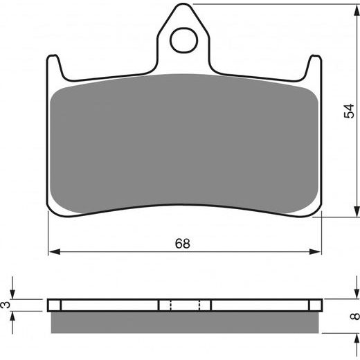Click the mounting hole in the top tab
point(183,41)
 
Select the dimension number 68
point(182,244)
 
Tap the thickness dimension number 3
point(6,305)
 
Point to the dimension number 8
point(354,317)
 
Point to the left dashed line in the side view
point(170,305)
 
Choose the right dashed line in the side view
point(199,305)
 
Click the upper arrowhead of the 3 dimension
point(14,294)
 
